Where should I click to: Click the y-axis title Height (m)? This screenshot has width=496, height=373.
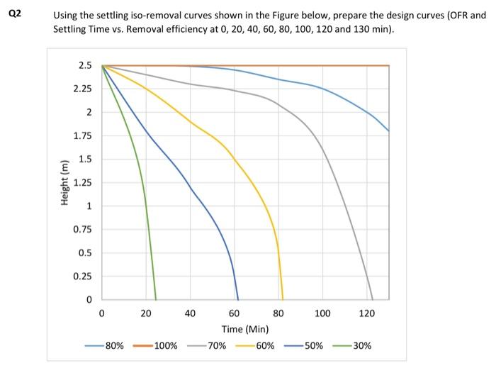click(x=66, y=182)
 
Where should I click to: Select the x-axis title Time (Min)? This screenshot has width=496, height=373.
click(x=245, y=329)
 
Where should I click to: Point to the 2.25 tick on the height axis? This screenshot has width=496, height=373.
click(x=82, y=89)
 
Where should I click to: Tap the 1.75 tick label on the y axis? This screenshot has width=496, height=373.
click(x=82, y=135)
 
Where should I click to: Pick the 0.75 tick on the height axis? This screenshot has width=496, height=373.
click(x=82, y=230)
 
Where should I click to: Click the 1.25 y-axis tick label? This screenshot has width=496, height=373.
click(x=82, y=183)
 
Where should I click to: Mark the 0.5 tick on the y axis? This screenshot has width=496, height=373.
click(x=85, y=253)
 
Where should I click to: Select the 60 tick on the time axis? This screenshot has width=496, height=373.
click(x=234, y=313)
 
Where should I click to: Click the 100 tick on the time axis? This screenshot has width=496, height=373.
click(x=322, y=313)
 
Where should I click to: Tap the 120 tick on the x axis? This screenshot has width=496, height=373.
click(x=366, y=313)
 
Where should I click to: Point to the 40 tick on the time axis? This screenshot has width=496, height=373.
click(x=190, y=313)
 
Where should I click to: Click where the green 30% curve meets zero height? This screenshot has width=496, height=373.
click(x=156, y=299)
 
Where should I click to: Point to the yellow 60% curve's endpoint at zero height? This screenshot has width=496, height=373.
click(x=283, y=299)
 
